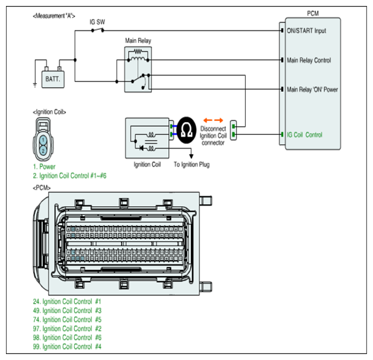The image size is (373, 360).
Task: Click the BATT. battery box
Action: click(53, 79)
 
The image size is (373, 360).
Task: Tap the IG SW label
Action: click(97, 22)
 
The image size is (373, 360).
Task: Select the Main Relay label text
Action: click(138, 41)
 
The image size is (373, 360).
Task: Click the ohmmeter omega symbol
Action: click(187, 130)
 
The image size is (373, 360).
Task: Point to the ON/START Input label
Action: click(306, 30)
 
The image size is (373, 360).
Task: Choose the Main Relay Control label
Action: click(309, 60)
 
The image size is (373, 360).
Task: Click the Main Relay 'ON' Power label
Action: click(312, 90)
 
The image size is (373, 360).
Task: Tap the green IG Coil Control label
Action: click(304, 135)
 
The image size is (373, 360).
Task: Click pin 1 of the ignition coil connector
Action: click(43, 140)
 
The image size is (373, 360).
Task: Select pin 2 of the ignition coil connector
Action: click(43, 151)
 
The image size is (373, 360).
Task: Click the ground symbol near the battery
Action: click(35, 85)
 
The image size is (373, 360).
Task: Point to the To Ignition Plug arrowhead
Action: click(191, 156)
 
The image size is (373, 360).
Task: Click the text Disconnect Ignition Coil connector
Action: click(213, 135)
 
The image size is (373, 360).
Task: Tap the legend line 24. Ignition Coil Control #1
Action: click(67, 302)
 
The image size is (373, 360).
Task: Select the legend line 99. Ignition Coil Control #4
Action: click(67, 347)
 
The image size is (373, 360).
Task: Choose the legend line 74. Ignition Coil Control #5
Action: click(67, 320)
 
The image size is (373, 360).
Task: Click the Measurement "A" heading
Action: click(54, 17)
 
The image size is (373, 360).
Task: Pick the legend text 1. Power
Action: click(44, 166)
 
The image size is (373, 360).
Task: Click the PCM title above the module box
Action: click(313, 13)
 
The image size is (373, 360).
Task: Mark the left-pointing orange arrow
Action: click(208, 120)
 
